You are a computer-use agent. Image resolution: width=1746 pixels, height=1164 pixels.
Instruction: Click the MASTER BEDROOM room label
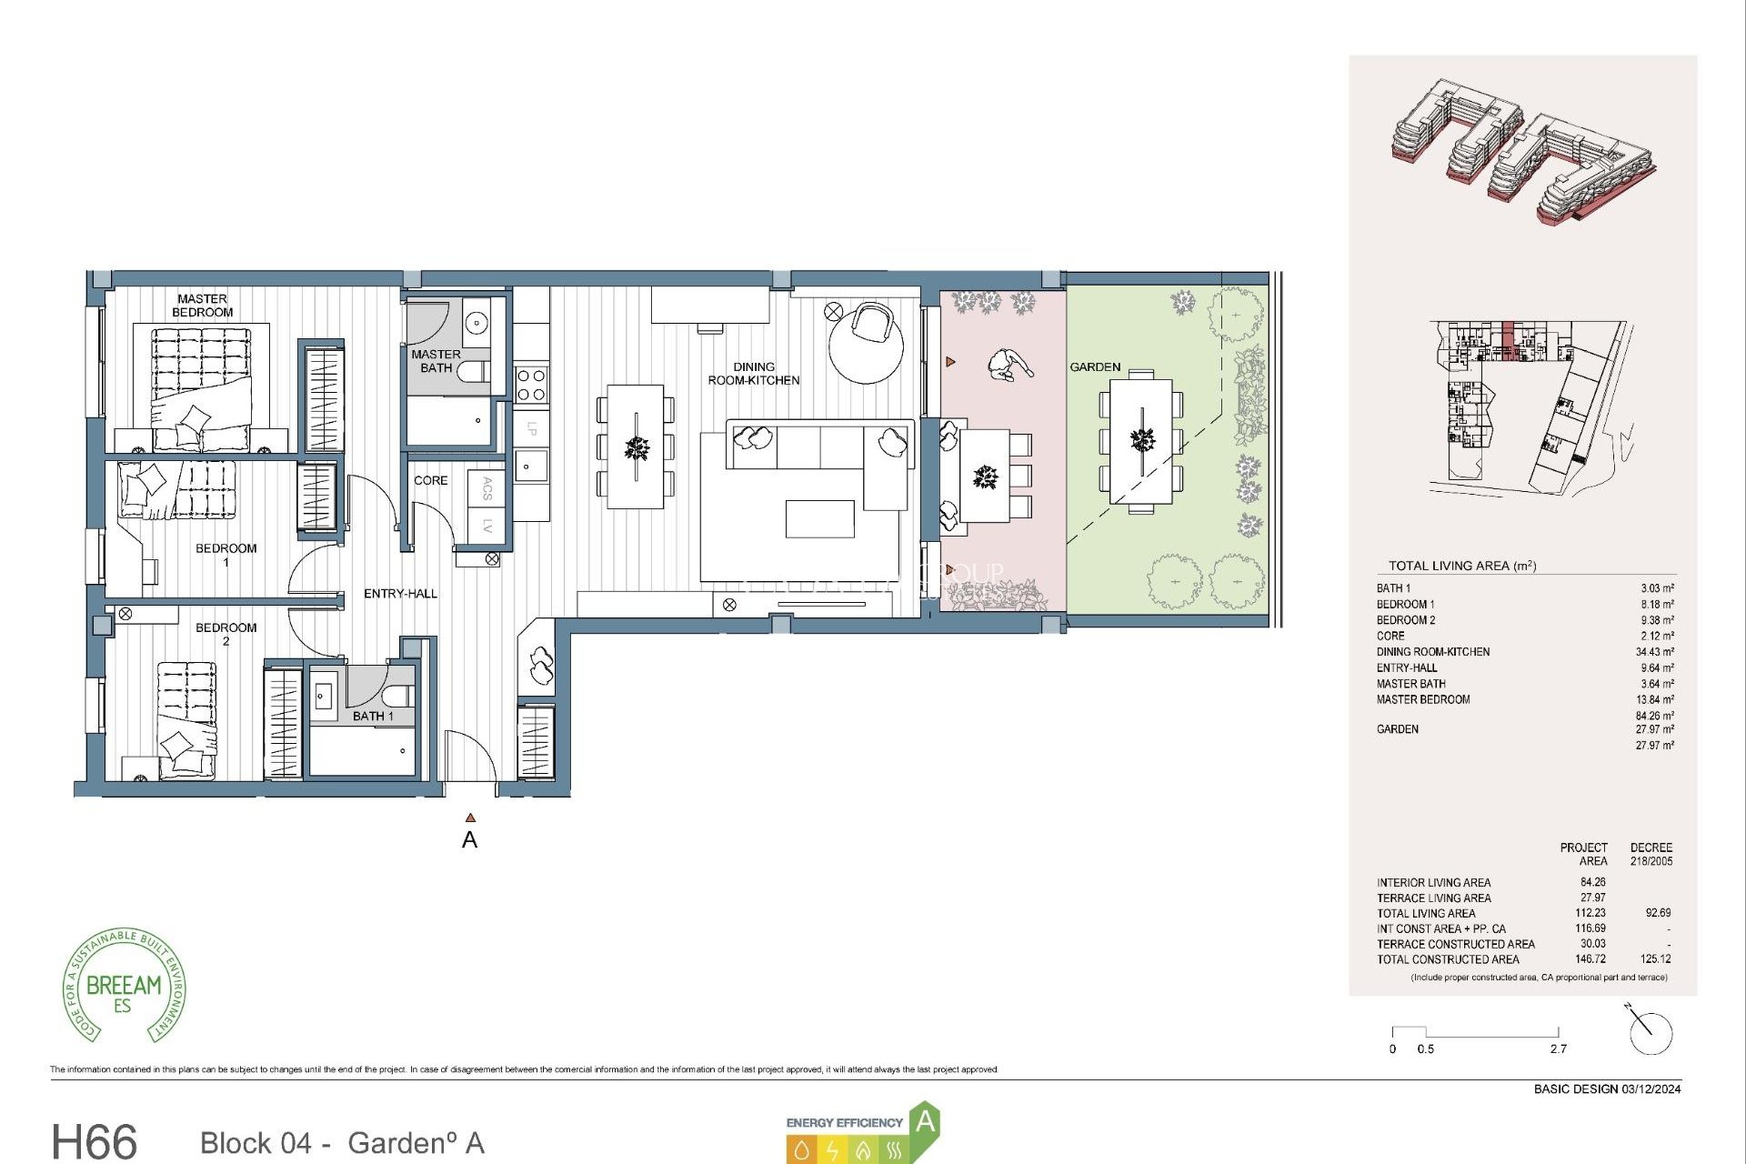(202, 306)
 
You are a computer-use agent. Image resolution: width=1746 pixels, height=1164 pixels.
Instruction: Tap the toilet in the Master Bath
(473, 371)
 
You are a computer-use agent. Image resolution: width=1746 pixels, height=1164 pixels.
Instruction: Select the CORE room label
(430, 480)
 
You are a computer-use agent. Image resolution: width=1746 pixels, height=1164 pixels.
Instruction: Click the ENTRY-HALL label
(400, 594)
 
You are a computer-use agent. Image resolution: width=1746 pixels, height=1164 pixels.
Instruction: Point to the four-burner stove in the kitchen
(531, 384)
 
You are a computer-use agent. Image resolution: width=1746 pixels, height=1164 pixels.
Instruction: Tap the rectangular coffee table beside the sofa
(819, 519)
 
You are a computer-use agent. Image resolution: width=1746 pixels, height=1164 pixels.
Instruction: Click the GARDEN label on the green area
(1095, 367)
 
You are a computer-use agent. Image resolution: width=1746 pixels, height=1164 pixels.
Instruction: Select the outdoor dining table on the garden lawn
(1141, 441)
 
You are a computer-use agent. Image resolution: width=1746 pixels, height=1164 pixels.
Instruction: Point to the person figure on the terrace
(1008, 365)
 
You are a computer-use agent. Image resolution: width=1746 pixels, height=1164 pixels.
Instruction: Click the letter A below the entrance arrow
(469, 840)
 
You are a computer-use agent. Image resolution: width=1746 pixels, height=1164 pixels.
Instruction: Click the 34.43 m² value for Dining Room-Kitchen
(1654, 652)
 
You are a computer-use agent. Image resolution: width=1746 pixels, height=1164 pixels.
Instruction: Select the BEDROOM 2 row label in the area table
(1405, 620)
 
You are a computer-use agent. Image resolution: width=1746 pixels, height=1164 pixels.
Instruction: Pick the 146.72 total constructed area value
(1591, 959)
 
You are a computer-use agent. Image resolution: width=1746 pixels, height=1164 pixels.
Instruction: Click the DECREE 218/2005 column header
(1651, 854)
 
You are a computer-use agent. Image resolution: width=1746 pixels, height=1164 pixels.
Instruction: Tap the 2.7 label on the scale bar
(1558, 1049)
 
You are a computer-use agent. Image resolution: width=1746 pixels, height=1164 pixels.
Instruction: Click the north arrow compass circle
(1651, 1033)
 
